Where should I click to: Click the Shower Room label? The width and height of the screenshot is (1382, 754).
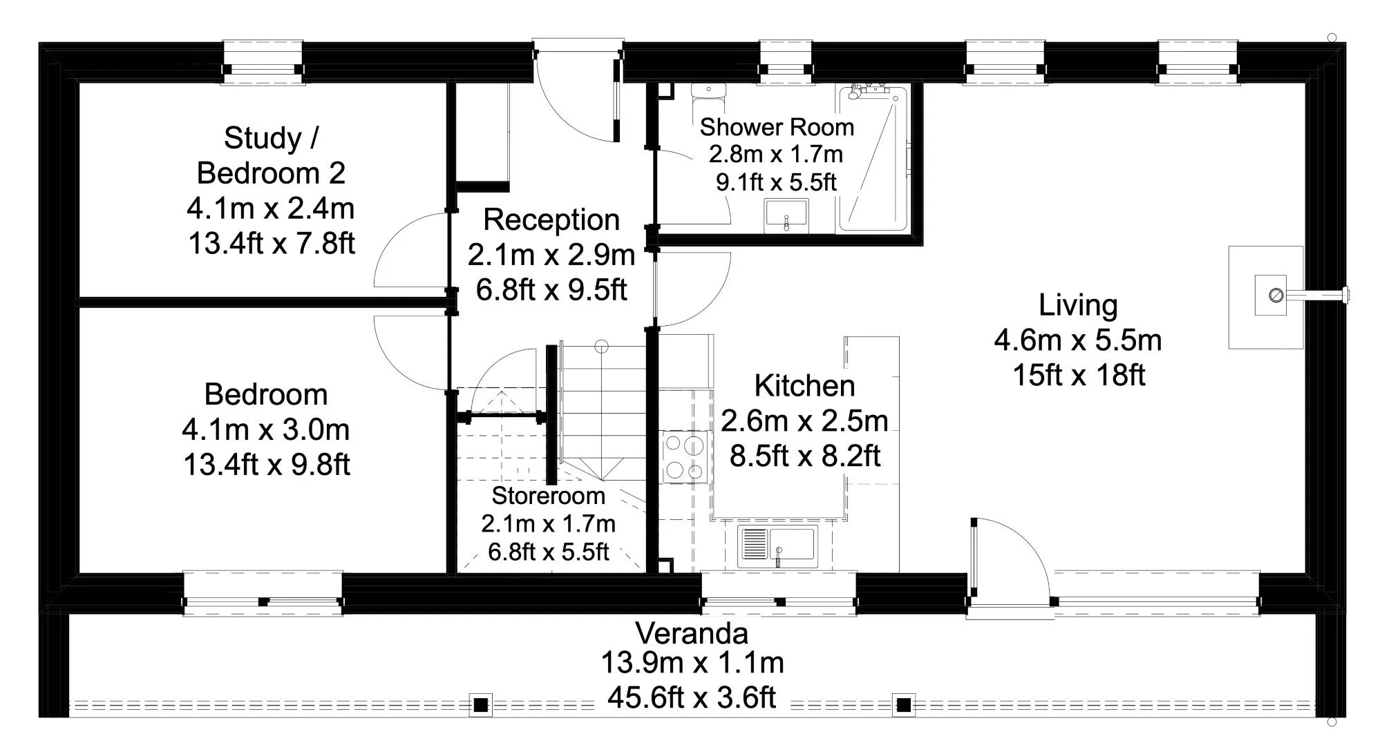777,128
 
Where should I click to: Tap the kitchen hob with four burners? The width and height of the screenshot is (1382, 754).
684,457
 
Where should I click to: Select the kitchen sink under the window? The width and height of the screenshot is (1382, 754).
777,545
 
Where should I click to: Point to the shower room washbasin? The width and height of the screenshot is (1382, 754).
786,214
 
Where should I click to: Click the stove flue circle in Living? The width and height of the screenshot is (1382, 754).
1276,296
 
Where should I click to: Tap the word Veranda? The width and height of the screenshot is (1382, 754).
692,633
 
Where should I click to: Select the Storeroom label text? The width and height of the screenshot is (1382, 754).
548,496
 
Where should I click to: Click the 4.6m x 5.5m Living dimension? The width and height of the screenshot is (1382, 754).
1078,340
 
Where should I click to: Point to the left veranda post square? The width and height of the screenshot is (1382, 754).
481,706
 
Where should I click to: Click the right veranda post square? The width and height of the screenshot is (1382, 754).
903,706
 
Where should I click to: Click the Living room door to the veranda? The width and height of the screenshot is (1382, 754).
1009,559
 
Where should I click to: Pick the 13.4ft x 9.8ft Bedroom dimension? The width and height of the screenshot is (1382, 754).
267,465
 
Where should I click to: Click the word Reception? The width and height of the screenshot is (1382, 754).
551,220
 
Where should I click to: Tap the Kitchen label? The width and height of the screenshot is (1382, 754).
804,386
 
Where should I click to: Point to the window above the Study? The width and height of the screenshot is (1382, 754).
263,63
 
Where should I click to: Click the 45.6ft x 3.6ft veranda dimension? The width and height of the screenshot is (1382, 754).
692,698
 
